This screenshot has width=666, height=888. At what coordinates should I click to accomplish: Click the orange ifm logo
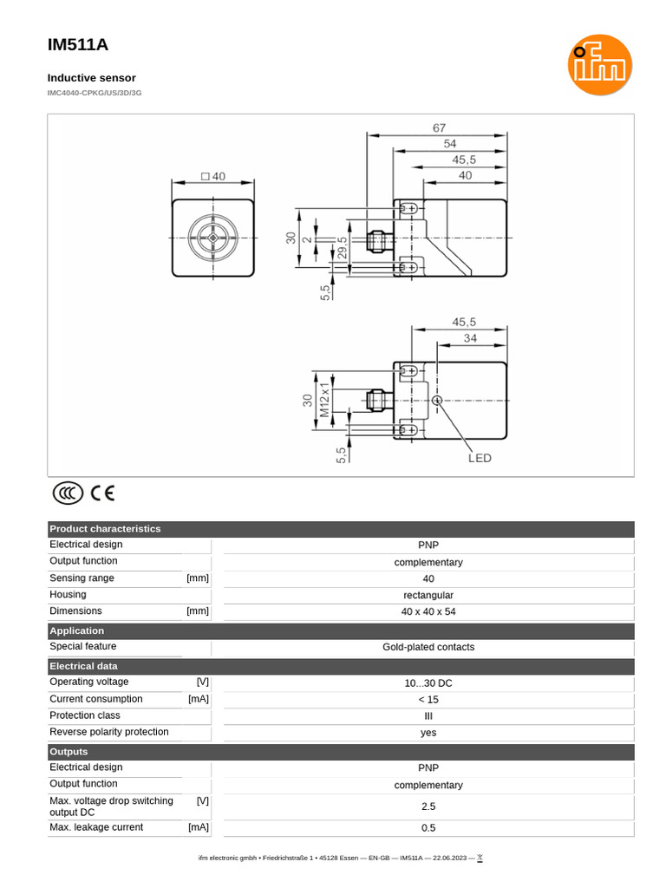(x=599, y=65)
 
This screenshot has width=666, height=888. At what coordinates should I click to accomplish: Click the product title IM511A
(x=78, y=45)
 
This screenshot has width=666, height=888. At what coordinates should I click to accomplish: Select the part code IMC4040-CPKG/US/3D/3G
(x=95, y=92)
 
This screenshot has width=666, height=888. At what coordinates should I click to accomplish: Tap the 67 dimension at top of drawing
(x=439, y=127)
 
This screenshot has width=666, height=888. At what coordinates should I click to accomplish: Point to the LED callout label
(x=480, y=458)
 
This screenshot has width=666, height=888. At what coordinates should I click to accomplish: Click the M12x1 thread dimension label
(x=325, y=400)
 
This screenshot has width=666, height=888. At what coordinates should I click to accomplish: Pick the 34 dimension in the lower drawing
(x=469, y=338)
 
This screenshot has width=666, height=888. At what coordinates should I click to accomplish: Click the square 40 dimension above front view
(x=212, y=176)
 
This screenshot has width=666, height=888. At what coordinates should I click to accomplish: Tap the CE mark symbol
(x=102, y=493)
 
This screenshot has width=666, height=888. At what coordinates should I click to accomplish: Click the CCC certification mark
(x=68, y=493)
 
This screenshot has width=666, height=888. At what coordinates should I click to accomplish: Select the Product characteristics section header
(x=105, y=529)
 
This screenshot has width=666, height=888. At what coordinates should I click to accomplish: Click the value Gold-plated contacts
(x=428, y=648)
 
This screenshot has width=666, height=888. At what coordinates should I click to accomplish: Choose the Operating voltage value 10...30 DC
(x=428, y=683)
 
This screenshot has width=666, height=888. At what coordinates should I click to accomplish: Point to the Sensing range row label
(x=82, y=578)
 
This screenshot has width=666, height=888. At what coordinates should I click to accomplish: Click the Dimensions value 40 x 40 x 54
(x=428, y=611)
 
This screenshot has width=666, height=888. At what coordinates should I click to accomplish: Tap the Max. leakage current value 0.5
(x=428, y=828)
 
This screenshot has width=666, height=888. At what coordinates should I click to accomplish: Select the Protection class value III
(x=428, y=716)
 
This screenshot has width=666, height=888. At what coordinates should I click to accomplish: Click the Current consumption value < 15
(x=428, y=700)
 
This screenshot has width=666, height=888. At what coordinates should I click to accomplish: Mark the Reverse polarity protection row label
(x=109, y=732)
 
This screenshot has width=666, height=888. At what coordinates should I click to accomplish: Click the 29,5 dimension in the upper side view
(x=342, y=248)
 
